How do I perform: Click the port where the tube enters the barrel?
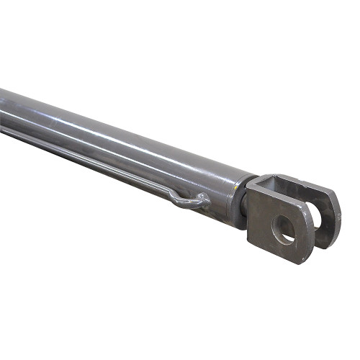(x=204, y=202)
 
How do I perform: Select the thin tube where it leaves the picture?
(x=3, y=132)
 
